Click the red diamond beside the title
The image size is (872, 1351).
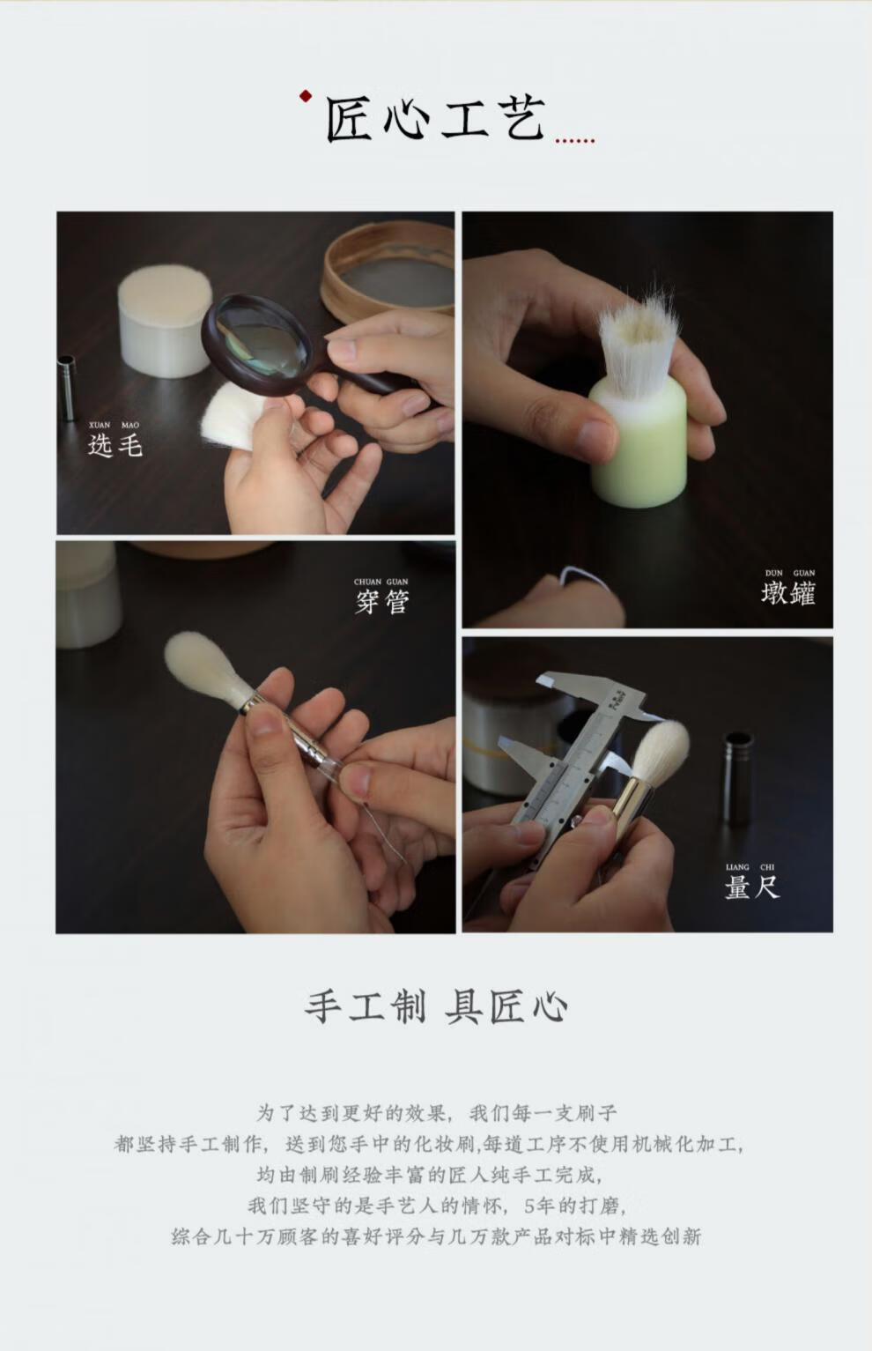307,95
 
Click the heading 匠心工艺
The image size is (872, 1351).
436,119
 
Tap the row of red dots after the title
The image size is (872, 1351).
575,141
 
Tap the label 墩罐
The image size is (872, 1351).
788,593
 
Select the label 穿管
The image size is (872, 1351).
381,602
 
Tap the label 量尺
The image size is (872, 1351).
752,887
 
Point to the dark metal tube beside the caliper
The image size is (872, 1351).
737,778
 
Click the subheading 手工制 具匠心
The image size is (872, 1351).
436,1006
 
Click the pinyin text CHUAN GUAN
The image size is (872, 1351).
381,582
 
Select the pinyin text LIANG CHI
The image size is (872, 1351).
750,866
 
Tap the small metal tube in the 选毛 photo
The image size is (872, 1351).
66,388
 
